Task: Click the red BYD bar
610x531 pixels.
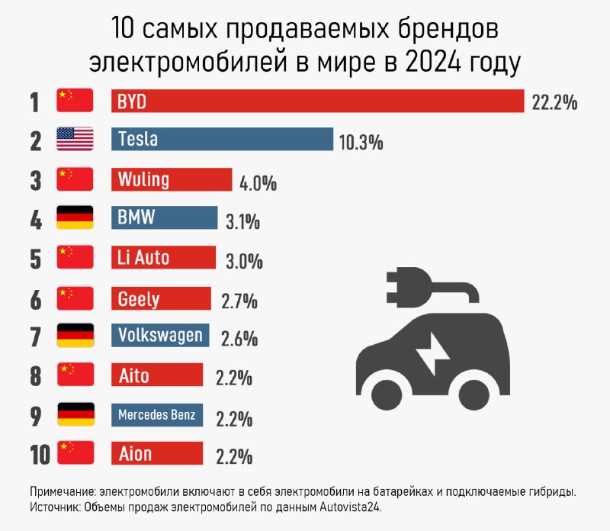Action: click(x=317, y=101)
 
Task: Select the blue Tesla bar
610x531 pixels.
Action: click(x=222, y=140)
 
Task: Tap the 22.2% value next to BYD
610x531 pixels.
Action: click(x=554, y=103)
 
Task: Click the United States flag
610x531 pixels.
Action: click(x=75, y=140)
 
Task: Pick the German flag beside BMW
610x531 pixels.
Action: click(x=75, y=218)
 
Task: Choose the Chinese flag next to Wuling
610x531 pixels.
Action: click(x=75, y=179)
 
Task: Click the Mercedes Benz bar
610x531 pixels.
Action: click(x=157, y=415)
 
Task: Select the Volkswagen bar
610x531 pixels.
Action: click(x=161, y=336)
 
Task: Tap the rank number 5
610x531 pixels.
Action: click(x=36, y=259)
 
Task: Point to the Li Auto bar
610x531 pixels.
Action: click(x=163, y=258)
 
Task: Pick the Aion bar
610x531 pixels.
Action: click(x=157, y=454)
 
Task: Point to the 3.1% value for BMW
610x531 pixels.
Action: click(x=243, y=222)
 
